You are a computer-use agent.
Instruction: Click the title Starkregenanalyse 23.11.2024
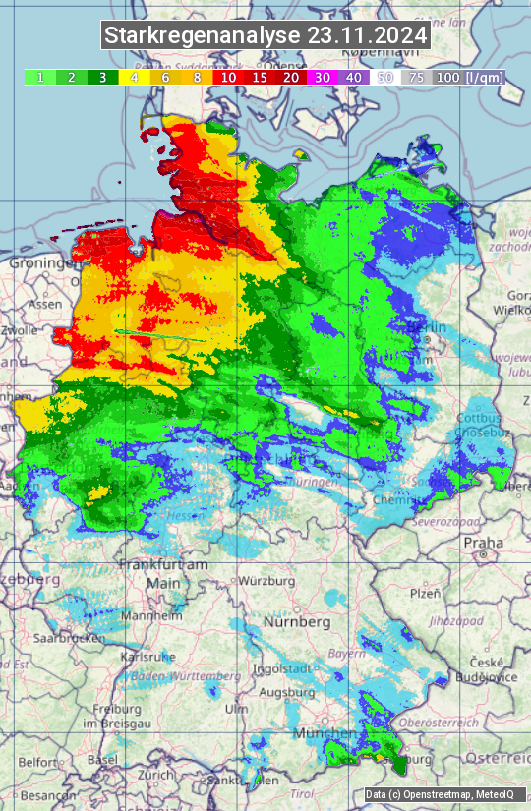tap(265, 36)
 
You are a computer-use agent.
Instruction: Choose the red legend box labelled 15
tap(261, 77)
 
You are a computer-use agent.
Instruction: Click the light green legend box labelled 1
tap(39, 77)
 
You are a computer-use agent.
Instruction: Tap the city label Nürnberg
tap(297, 622)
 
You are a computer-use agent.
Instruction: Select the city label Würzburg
tap(266, 581)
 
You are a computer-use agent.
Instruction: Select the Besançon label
tap(49, 794)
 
